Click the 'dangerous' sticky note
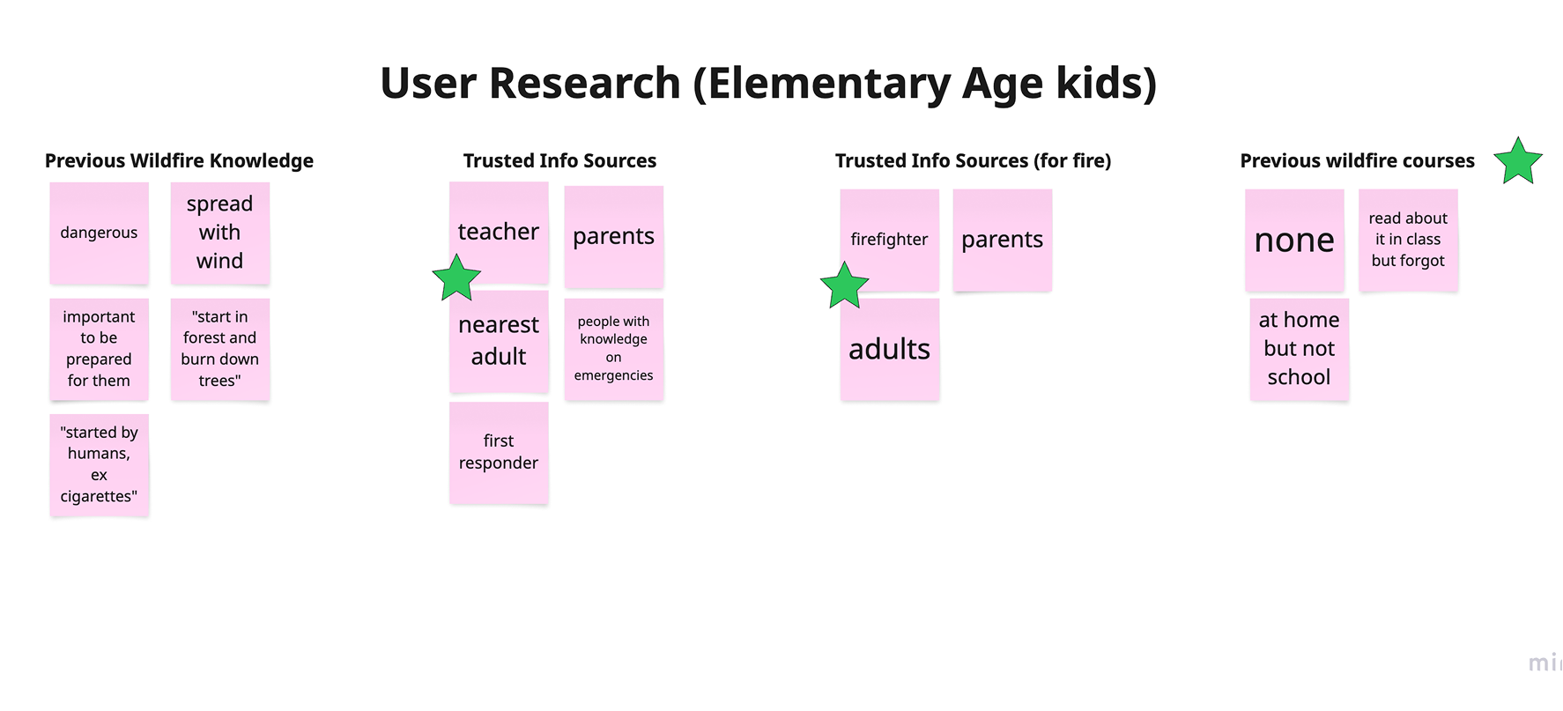(99, 233)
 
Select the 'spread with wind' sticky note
(219, 233)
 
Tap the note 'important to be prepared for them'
(99, 349)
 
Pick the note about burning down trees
(219, 349)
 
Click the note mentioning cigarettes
(99, 464)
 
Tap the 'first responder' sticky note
(499, 452)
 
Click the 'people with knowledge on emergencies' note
(613, 349)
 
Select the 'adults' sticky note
(889, 350)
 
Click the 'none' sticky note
(1294, 240)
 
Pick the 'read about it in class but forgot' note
(1408, 240)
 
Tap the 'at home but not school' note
(1299, 349)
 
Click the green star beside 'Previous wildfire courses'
(1518, 162)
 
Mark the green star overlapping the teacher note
(456, 279)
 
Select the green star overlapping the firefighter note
(844, 286)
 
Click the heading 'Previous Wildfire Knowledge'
(179, 160)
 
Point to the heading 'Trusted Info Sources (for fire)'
(973, 160)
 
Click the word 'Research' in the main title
(584, 83)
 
